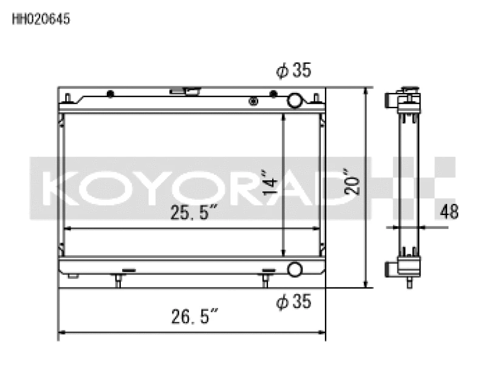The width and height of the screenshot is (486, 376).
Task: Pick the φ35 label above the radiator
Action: pyautogui.click(x=293, y=71)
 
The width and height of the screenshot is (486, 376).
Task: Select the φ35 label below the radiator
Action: pyautogui.click(x=293, y=301)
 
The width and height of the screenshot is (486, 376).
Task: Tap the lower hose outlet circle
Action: pyautogui.click(x=295, y=269)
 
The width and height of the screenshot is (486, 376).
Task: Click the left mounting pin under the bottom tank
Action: pyautogui.click(x=118, y=280)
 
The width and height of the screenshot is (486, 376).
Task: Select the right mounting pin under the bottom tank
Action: pyautogui.click(x=266, y=279)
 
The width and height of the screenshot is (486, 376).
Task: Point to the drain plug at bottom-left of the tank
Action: pyautogui.click(x=73, y=277)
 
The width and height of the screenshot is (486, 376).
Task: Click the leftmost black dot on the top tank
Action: pyautogui.click(x=110, y=94)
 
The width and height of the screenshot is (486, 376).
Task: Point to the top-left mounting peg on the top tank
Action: pyautogui.click(x=68, y=97)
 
